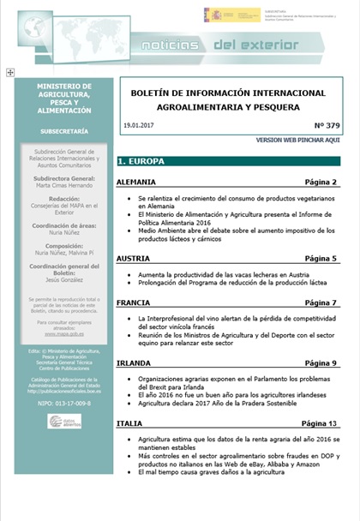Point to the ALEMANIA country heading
(136, 182)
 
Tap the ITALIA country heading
(129, 422)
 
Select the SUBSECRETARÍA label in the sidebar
(64, 133)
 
